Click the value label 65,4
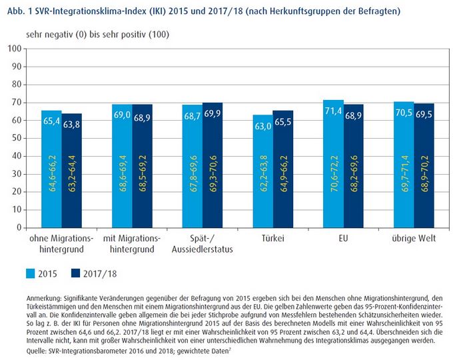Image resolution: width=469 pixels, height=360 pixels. coord(51,122)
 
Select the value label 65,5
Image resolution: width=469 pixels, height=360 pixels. coord(283,123)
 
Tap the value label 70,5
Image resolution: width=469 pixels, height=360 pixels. coord(404,115)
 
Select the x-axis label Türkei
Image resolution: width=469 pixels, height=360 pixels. coord(272,238)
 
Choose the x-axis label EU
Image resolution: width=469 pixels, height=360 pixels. coord(343,238)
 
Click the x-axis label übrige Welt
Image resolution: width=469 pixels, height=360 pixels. coord(414,238)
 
